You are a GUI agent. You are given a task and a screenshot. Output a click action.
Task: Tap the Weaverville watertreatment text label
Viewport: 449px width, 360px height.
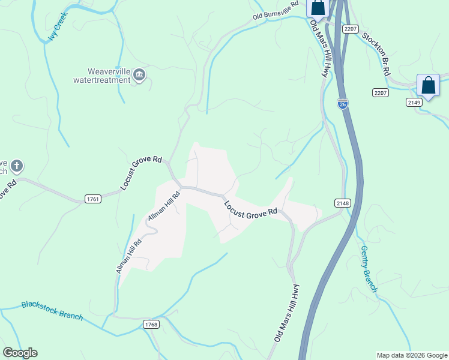point(101,75)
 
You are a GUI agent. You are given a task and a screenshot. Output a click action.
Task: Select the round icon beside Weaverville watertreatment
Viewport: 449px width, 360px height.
point(140,74)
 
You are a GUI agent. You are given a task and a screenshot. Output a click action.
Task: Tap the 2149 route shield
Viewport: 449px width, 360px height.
point(414,102)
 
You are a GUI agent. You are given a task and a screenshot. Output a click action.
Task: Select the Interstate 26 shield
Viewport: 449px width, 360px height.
point(342,104)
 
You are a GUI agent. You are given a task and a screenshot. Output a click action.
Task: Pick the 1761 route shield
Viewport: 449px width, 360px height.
point(92,199)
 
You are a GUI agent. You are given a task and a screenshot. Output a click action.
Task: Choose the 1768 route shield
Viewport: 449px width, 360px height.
point(151,324)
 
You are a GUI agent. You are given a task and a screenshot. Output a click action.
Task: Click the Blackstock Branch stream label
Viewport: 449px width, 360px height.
point(52,310)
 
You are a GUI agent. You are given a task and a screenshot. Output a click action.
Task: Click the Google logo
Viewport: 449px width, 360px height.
point(20,353)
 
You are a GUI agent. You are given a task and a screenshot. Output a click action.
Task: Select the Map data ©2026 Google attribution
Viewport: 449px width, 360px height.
point(412,355)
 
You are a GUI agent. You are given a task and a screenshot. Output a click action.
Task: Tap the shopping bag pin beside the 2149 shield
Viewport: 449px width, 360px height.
point(428,85)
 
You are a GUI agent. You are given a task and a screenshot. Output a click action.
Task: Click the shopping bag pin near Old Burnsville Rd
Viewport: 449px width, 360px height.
point(318,7)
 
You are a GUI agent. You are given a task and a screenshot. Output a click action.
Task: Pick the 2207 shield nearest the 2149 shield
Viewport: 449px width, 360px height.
point(379,92)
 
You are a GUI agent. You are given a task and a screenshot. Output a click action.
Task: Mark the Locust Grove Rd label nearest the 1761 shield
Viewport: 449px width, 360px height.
point(142,173)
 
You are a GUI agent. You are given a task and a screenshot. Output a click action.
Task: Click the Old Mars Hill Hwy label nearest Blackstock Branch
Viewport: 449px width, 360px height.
point(286,313)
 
